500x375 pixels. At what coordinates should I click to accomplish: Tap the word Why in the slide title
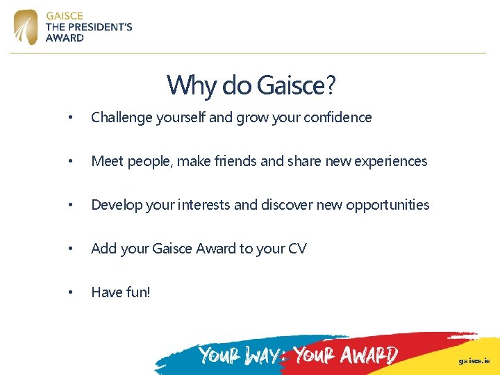point(182,85)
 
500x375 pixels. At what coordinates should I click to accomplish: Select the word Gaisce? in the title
point(296,85)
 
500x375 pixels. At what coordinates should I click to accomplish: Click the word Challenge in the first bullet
point(121,117)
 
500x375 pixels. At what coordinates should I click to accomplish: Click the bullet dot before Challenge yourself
point(69,118)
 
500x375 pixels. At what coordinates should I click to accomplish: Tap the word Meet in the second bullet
point(106,161)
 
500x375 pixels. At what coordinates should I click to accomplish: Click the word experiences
point(391,161)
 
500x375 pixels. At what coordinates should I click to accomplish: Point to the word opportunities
point(387,205)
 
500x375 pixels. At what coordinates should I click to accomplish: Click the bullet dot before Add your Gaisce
point(69,249)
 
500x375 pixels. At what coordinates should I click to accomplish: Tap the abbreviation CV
point(297,249)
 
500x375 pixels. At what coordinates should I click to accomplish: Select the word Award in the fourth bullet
point(215,249)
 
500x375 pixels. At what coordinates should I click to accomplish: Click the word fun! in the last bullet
point(137,292)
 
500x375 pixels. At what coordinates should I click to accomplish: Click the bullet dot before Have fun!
point(69,292)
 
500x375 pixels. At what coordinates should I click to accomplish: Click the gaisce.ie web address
point(474,361)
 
